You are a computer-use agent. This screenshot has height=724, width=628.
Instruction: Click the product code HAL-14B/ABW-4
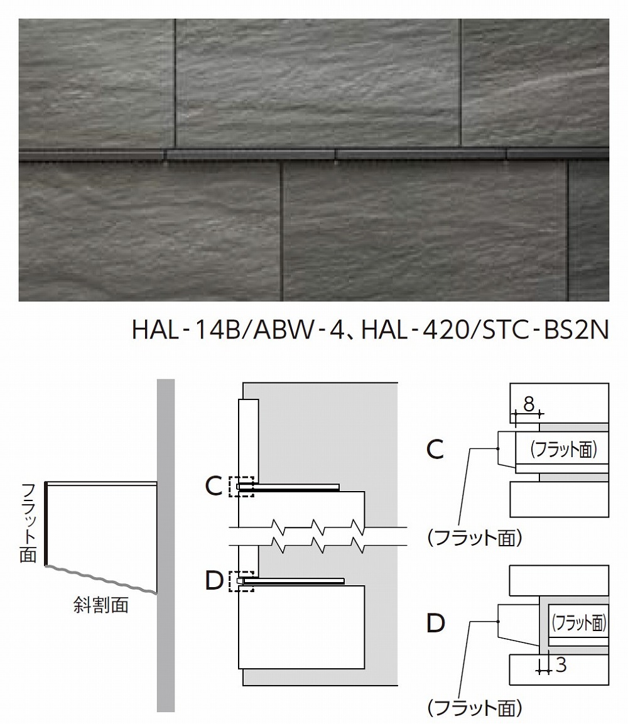235,329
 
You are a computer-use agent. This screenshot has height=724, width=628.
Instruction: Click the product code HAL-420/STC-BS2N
482,329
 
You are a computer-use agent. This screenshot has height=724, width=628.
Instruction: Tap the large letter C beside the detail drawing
435,448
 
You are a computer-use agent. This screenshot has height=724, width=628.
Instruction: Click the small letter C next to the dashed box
214,486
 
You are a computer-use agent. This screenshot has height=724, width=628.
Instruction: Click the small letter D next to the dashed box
214,581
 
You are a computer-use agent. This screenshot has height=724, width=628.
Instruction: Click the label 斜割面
101,605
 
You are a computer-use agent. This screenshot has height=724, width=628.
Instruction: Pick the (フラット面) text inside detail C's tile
561,449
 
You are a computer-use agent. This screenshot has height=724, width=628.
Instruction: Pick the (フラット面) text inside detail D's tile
578,622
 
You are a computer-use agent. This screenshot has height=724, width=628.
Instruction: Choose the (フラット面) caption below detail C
474,538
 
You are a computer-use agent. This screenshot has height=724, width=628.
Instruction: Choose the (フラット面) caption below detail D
474,709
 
